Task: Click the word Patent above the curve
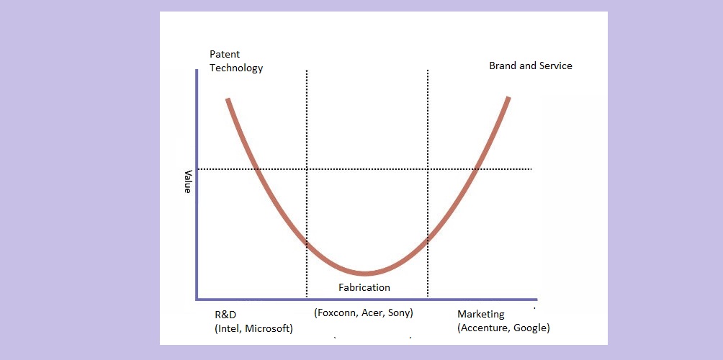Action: [x=225, y=55]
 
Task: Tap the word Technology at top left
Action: [x=236, y=68]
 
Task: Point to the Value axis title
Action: [x=188, y=181]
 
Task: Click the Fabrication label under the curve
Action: [x=364, y=287]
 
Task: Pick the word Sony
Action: [x=400, y=313]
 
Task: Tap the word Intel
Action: [x=229, y=329]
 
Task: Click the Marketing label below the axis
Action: [x=481, y=315]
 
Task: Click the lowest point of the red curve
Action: [x=365, y=274]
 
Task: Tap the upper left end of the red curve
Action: [x=228, y=99]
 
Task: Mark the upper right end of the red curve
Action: [x=508, y=97]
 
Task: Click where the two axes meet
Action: [x=197, y=299]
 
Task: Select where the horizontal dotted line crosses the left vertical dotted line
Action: [x=307, y=169]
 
